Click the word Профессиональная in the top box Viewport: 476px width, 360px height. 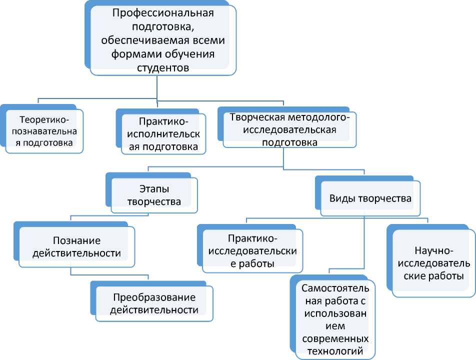[x=163, y=13]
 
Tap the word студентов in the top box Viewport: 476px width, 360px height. [x=163, y=66]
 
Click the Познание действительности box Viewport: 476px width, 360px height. [x=76, y=246]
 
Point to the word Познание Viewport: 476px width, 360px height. [x=76, y=239]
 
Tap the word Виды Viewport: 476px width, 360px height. [x=340, y=198]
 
